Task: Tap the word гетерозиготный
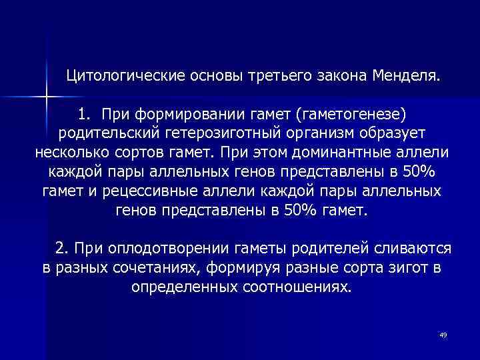[x=223, y=131]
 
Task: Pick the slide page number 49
[x=443, y=334]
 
